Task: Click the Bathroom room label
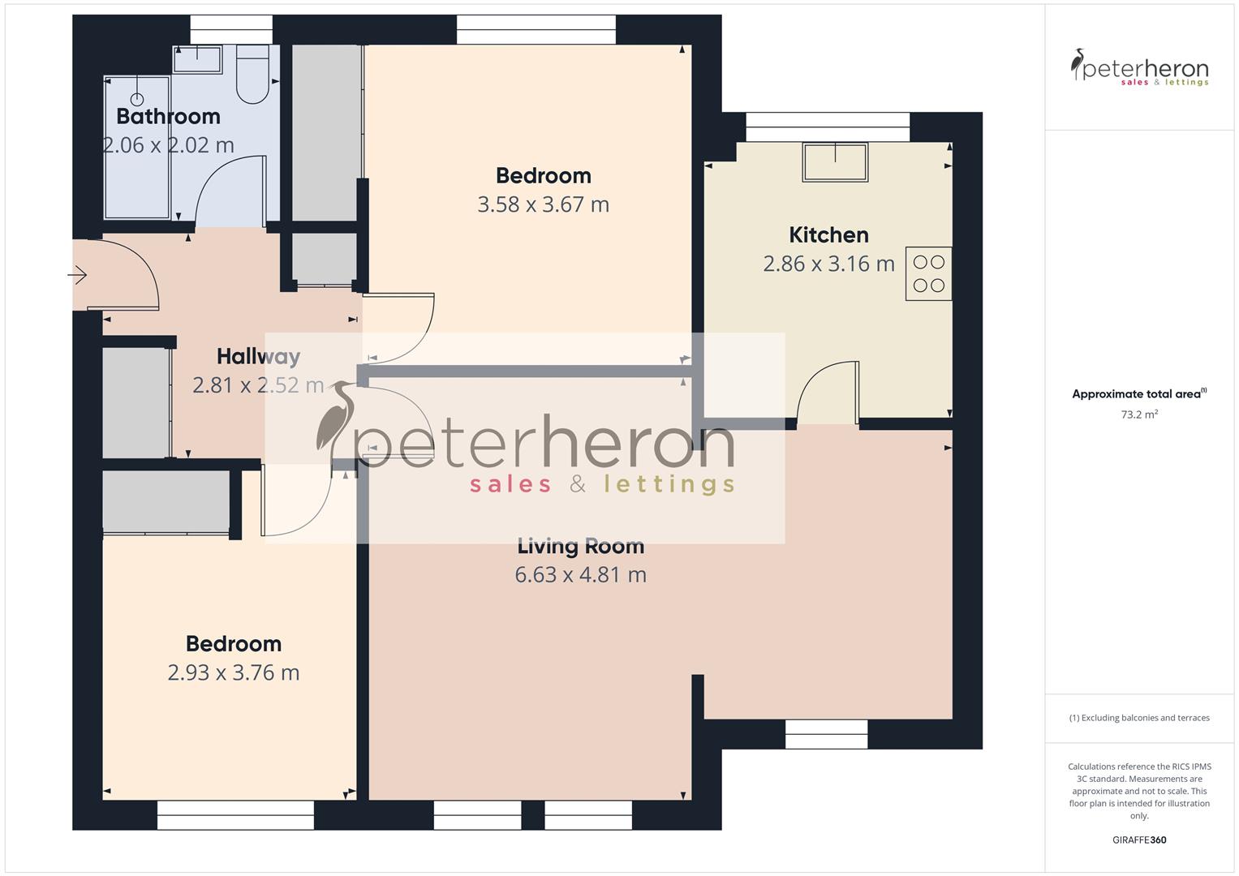pyautogui.click(x=168, y=117)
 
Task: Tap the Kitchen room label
pyautogui.click(x=828, y=235)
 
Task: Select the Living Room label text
pyautogui.click(x=580, y=547)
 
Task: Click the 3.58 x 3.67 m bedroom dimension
pyautogui.click(x=543, y=204)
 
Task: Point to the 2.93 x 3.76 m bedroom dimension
pyautogui.click(x=234, y=672)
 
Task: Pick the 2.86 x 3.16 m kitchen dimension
pyautogui.click(x=828, y=264)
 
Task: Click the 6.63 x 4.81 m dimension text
pyautogui.click(x=580, y=575)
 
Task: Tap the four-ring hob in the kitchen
pyautogui.click(x=929, y=273)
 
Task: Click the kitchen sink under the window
pyautogui.click(x=835, y=161)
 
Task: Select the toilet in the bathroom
pyautogui.click(x=253, y=75)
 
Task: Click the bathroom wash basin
pyautogui.click(x=197, y=58)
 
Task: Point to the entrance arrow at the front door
pyautogui.click(x=77, y=276)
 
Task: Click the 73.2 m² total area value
pyautogui.click(x=1138, y=414)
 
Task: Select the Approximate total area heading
pyautogui.click(x=1138, y=394)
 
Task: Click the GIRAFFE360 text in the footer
pyautogui.click(x=1138, y=839)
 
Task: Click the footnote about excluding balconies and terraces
pyautogui.click(x=1138, y=718)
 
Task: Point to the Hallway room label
pyautogui.click(x=258, y=357)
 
